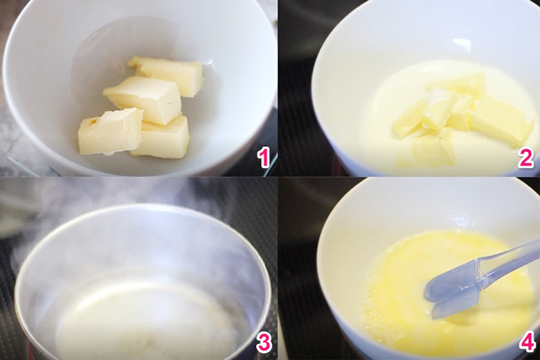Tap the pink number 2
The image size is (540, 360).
pyautogui.click(x=526, y=159)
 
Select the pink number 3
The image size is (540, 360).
pyautogui.click(x=264, y=343)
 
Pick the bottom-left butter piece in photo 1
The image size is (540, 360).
pyautogui.click(x=110, y=131)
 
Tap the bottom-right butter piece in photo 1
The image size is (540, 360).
pyautogui.click(x=162, y=138)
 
